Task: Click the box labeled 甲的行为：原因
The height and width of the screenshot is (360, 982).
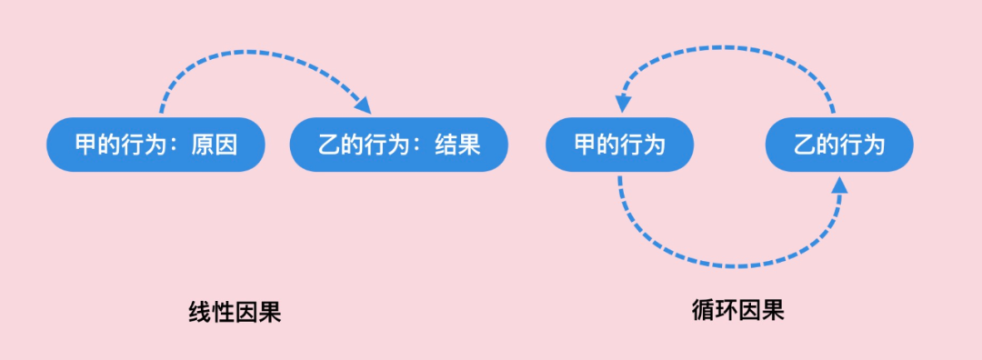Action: pos(155,145)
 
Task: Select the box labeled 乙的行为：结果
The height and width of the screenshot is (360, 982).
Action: pos(398,145)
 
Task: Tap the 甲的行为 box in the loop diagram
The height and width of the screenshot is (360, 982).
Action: pos(619,145)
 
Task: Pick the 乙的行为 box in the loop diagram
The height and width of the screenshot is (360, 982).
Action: pos(838,145)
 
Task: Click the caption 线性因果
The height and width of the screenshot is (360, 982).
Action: pos(234,313)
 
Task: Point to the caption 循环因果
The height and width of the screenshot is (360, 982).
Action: pos(737,310)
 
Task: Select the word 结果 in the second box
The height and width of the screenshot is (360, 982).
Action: pos(457,145)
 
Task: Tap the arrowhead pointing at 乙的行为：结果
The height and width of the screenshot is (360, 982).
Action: pos(363,105)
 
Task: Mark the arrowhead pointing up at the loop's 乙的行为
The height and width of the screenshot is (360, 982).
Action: pos(838,185)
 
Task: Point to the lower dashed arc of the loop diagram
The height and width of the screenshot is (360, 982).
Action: pos(727,265)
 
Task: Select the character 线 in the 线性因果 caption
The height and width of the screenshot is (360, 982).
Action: pos(199,313)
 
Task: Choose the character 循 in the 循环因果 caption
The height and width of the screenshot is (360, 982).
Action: pos(703,310)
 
